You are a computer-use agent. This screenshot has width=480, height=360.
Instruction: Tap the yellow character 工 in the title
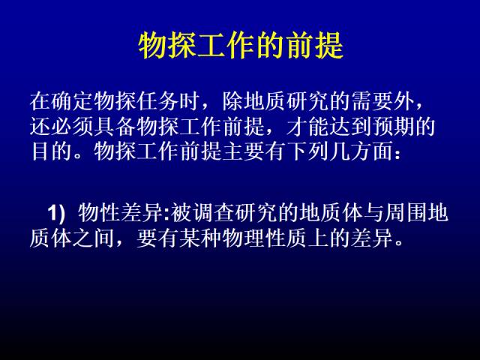[212, 46]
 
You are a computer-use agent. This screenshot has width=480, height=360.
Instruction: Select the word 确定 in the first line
[72, 101]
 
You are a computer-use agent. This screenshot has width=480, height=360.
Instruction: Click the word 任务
[158, 101]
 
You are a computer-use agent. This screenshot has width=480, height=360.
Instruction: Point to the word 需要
[372, 101]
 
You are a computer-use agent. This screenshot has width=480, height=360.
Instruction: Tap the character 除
[233, 101]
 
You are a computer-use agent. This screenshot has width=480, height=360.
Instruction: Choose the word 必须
[72, 126]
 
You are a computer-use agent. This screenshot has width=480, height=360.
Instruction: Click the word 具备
[115, 126]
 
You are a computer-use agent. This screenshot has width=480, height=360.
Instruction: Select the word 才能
[308, 126]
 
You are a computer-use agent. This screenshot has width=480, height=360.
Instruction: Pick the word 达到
[351, 126]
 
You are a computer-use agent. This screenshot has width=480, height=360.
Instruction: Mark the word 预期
[394, 126]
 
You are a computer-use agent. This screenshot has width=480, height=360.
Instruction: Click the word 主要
[244, 151]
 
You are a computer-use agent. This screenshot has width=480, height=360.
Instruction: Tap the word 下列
[308, 151]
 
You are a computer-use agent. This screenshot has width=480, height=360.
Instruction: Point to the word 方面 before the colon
[372, 151]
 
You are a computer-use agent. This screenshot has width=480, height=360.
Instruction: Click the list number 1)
[56, 212]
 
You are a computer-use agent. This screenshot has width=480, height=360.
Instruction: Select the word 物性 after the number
[99, 212]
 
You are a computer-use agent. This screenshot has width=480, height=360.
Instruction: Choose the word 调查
[214, 212]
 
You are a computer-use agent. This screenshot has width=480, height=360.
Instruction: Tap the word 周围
[406, 212]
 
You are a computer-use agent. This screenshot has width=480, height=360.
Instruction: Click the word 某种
[201, 238]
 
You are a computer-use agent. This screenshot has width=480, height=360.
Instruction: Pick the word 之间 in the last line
[94, 238]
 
